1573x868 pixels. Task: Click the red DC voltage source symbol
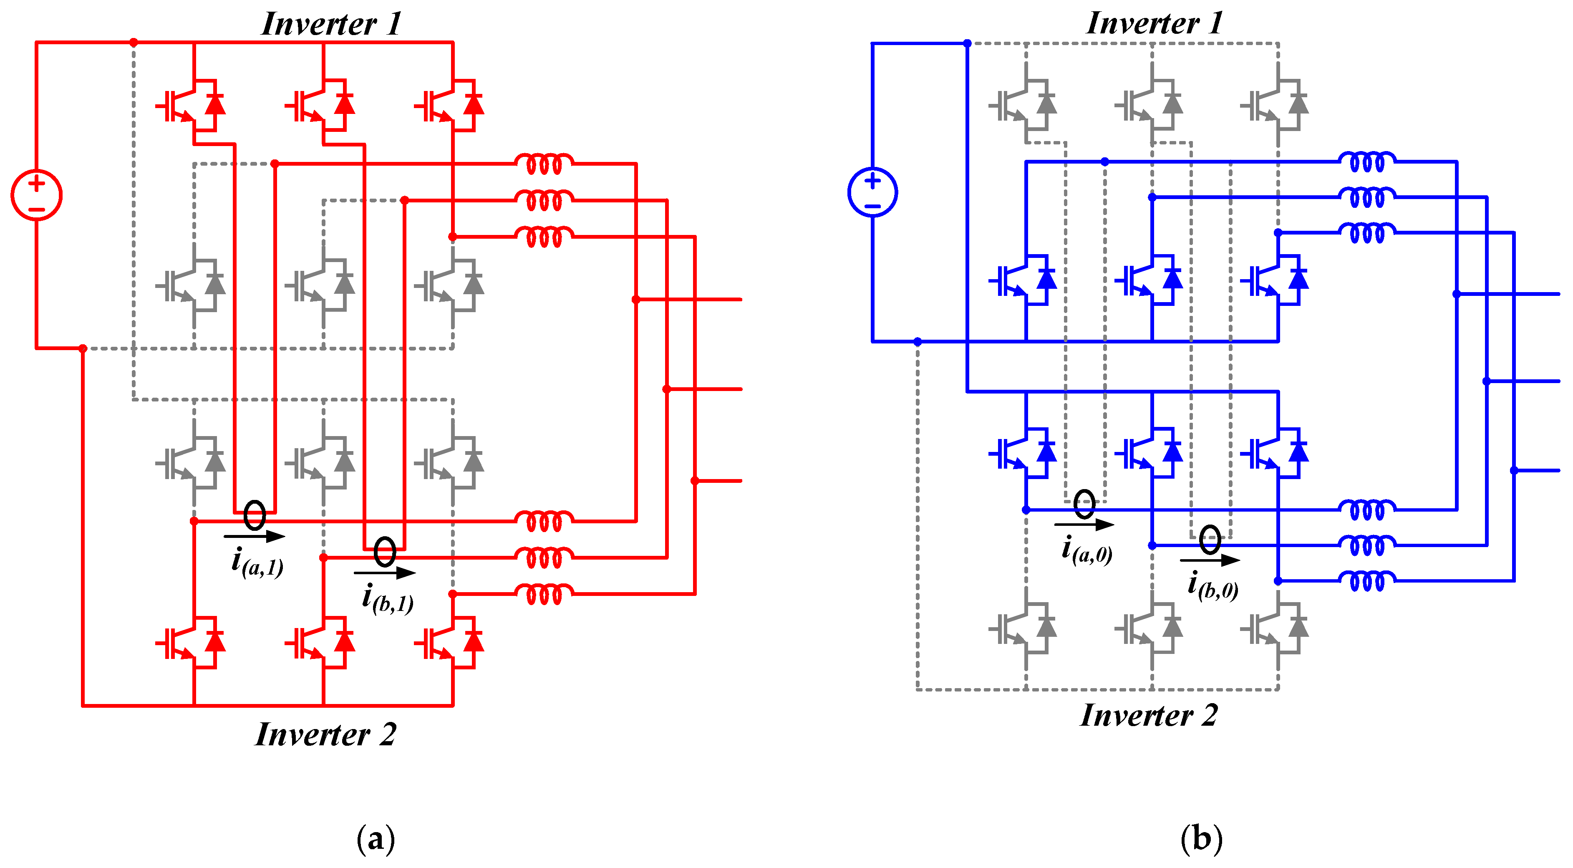(x=37, y=195)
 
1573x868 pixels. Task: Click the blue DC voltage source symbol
(x=872, y=192)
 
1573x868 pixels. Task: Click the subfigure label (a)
(x=376, y=839)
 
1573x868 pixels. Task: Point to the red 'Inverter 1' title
(x=331, y=25)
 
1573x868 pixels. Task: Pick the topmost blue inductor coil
(x=1366, y=162)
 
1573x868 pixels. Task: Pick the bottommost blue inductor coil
(x=1366, y=580)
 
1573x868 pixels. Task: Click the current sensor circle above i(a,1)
(x=255, y=515)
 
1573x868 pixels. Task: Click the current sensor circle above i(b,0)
(x=1210, y=539)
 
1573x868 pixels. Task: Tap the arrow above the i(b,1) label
(x=385, y=573)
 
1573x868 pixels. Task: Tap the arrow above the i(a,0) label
(x=1084, y=524)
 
